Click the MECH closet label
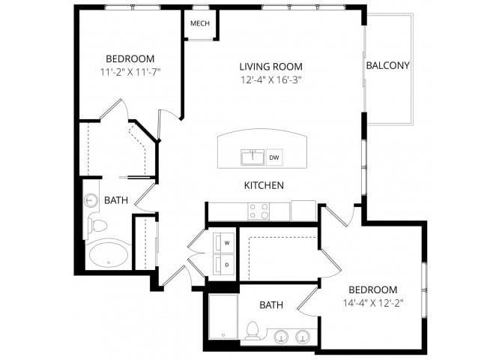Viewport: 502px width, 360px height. point(200,23)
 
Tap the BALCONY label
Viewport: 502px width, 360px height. point(387,65)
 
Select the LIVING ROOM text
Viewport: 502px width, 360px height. point(270,67)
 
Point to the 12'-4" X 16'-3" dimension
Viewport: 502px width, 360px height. point(271,79)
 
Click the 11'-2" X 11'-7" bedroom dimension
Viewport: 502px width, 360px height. point(130,72)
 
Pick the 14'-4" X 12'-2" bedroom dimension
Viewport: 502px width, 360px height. point(372,303)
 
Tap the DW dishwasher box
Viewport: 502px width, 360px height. point(274,157)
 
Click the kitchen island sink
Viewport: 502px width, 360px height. point(252,157)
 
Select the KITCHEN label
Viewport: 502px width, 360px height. point(264,185)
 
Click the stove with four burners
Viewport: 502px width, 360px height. point(258,211)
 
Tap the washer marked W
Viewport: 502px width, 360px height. point(223,243)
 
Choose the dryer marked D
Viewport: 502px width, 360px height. point(223,265)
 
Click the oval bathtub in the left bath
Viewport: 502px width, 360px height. point(109,255)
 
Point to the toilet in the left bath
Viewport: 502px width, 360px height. point(97,226)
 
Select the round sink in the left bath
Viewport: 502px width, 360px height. point(90,201)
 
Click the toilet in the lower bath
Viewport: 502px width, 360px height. point(252,331)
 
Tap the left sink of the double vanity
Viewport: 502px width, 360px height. point(281,337)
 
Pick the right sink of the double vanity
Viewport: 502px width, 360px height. point(302,337)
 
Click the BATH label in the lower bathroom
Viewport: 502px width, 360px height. point(271,304)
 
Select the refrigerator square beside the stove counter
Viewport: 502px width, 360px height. point(303,211)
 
